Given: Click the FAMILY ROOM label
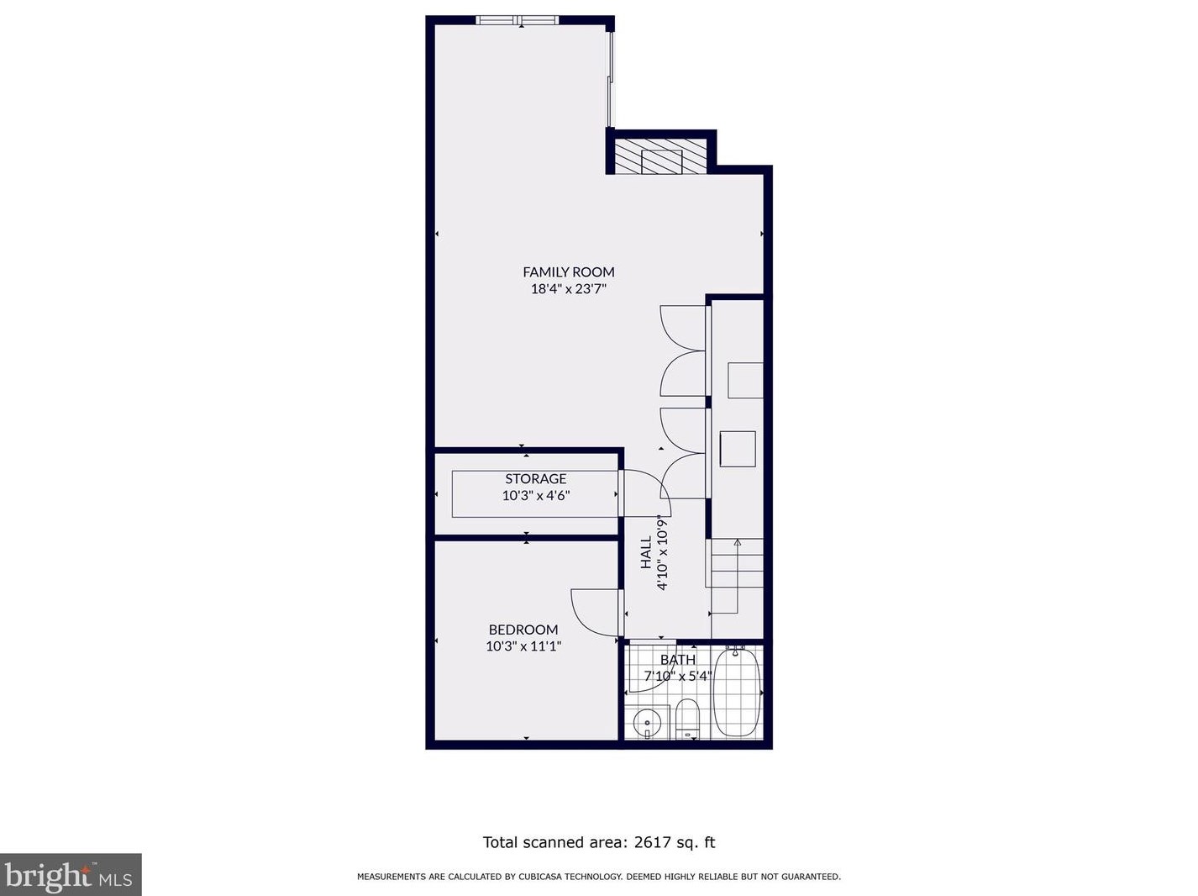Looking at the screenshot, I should click(x=568, y=271).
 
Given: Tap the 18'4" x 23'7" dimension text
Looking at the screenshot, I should click(x=568, y=289).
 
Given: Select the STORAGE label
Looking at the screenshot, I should click(x=535, y=478).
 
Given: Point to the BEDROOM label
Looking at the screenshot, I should click(x=523, y=630).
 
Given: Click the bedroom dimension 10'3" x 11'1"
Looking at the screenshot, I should click(x=523, y=646).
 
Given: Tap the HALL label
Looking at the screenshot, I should click(x=646, y=552).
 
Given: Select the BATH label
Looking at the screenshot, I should click(x=677, y=660).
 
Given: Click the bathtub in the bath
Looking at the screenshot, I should click(x=737, y=693).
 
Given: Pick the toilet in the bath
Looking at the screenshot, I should click(x=687, y=719).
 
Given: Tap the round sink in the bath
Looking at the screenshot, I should click(x=647, y=722).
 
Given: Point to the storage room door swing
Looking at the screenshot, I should click(x=645, y=493).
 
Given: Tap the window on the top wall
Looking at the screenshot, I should click(x=517, y=20).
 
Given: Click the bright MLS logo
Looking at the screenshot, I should click(x=71, y=875).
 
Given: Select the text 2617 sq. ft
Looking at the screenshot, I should click(x=674, y=842).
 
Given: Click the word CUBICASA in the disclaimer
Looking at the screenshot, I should click(x=543, y=877).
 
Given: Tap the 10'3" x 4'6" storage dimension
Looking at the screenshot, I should click(x=535, y=496).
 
